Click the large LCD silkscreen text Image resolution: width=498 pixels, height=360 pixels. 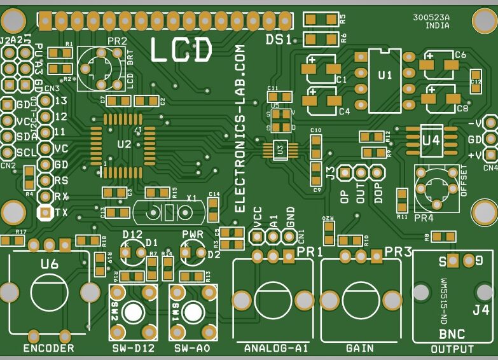[181, 50]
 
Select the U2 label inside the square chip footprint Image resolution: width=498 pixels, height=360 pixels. [124, 144]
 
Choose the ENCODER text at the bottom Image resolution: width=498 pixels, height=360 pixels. [48, 348]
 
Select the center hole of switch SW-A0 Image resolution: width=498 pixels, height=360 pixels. [192, 312]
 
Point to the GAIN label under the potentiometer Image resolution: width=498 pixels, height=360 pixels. [359, 349]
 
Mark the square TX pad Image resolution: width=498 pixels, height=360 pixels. [45, 212]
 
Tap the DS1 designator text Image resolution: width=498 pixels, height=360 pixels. [279, 40]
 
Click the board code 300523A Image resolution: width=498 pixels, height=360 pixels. [431, 18]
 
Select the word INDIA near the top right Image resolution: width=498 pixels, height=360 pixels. [437, 27]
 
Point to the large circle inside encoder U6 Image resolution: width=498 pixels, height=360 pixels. [49, 293]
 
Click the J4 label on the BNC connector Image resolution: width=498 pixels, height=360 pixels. [481, 311]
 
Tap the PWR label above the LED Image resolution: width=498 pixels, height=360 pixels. [193, 235]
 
